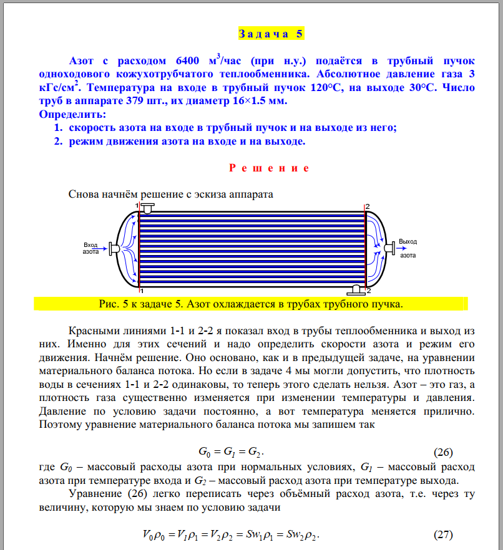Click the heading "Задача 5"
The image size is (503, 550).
coord(271,34)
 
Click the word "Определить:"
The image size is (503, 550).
coord(72,115)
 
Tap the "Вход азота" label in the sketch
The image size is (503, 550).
coord(91,248)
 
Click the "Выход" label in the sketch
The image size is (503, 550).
coord(408,241)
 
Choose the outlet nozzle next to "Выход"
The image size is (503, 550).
coord(388,248)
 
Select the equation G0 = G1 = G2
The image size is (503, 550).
coord(235,451)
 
